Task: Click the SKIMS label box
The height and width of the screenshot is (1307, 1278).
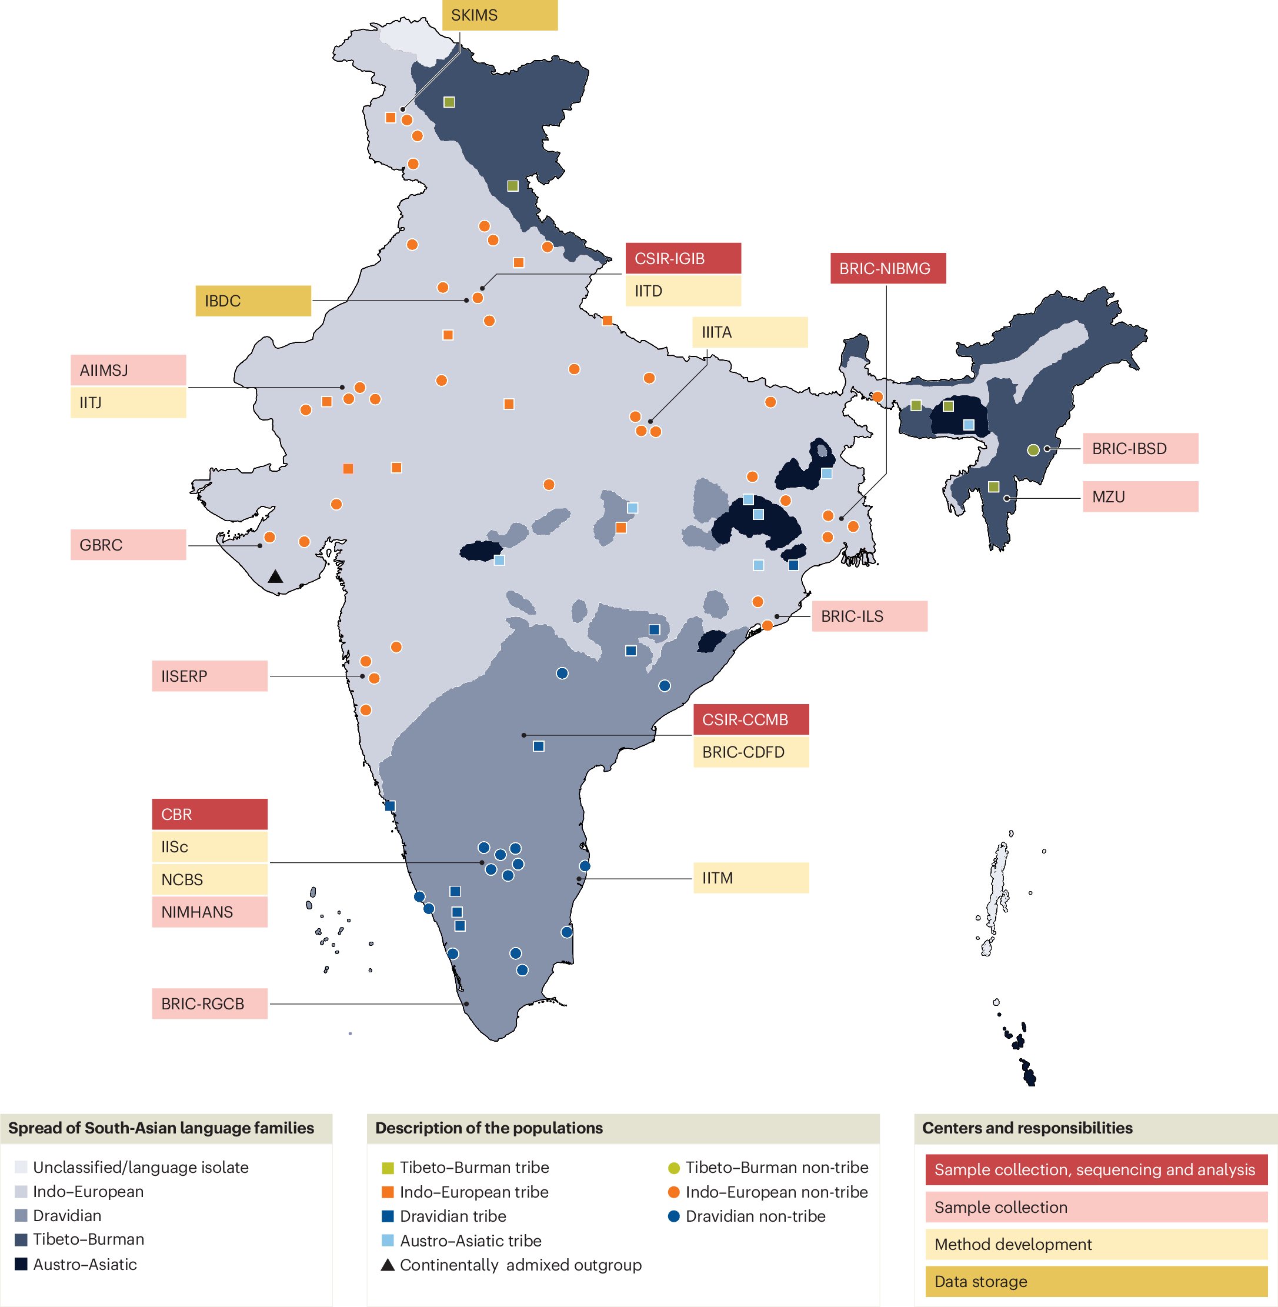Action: coord(499,15)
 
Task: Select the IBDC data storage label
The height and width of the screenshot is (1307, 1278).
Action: coord(253,301)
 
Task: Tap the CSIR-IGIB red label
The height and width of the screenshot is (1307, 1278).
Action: coord(683,258)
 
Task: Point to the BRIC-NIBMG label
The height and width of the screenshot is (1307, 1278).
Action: coord(887,268)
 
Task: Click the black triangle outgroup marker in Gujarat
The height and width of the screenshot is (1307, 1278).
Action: coord(275,576)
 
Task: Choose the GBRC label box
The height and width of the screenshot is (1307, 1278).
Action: coord(128,545)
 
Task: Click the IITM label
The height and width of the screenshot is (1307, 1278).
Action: coord(750,878)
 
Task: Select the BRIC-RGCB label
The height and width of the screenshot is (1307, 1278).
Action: coord(209,1003)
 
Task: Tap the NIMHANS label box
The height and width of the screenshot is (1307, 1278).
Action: coord(209,912)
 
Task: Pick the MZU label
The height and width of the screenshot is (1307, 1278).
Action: coord(1140,497)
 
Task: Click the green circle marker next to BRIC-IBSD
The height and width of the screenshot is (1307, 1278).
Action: coord(1034,450)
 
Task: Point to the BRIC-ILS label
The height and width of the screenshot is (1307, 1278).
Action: coord(869,616)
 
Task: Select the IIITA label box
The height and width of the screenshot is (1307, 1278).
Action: coord(750,332)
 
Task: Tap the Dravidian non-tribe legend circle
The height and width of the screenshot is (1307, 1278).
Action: coord(674,1216)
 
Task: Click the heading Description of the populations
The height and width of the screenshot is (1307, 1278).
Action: coord(489,1128)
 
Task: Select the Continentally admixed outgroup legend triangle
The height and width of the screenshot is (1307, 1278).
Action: coord(388,1265)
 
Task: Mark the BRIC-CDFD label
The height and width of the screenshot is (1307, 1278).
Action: coord(750,752)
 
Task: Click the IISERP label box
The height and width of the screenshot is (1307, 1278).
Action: coord(209,676)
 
